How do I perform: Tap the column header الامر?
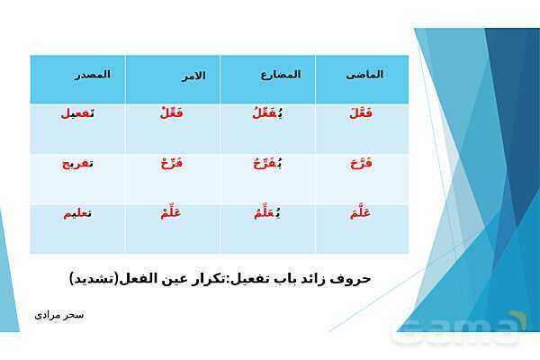[x=189, y=76]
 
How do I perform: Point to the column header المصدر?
[x=92, y=75]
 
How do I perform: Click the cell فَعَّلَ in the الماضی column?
[x=357, y=112]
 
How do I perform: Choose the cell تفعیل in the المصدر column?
[x=77, y=113]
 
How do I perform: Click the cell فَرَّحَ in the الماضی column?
[x=357, y=163]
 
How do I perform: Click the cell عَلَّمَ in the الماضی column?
[x=357, y=213]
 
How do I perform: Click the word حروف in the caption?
[x=352, y=278]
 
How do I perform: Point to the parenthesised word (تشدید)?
[x=96, y=278]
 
